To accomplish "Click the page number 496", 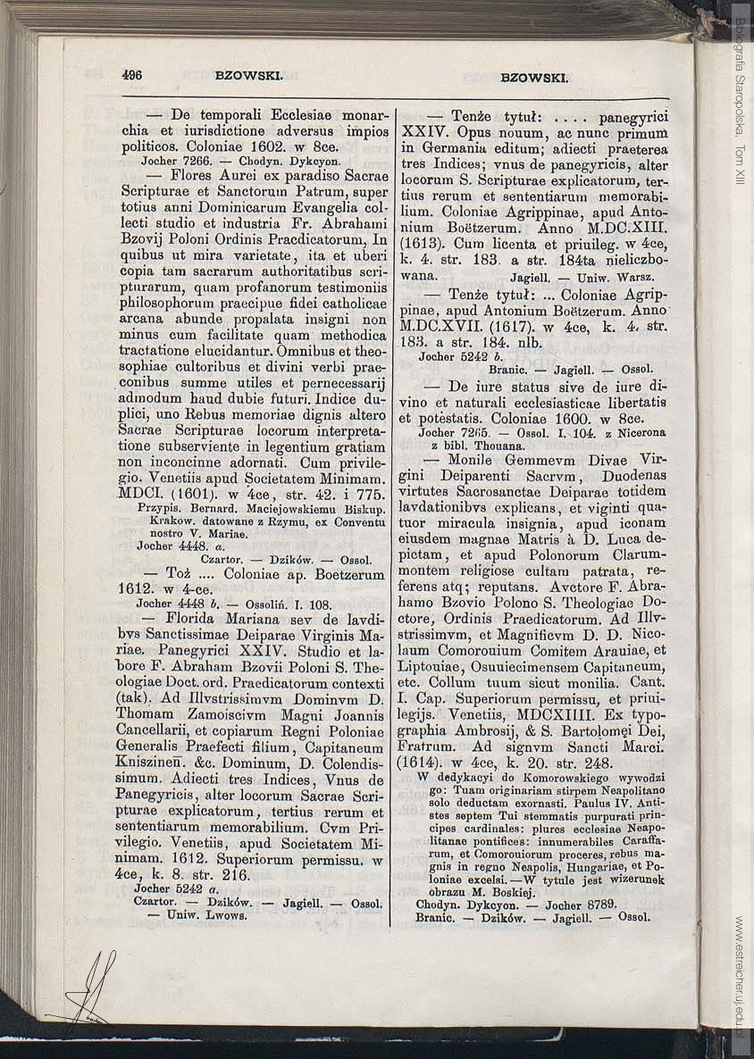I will [x=132, y=76].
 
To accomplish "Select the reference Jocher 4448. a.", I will [x=172, y=545].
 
